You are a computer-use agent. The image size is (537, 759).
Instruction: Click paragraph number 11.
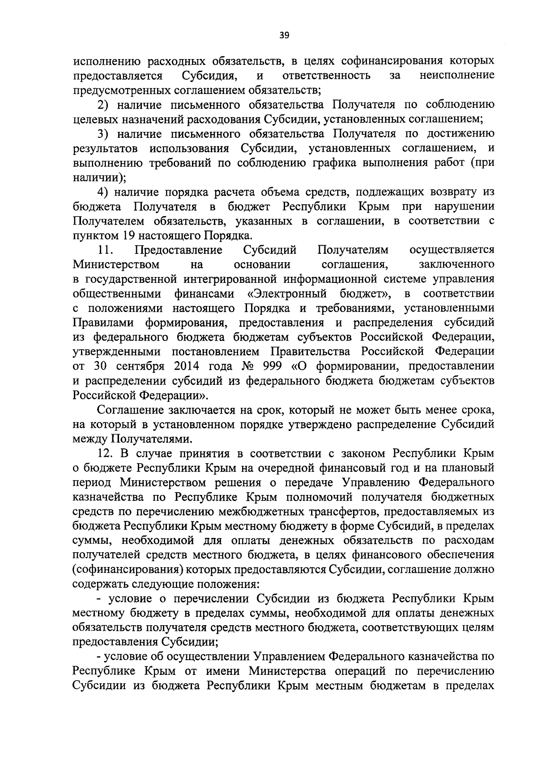tap(106, 250)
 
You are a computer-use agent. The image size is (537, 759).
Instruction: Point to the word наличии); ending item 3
tap(99, 177)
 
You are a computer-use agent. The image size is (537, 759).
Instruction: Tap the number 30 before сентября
tap(100, 366)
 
